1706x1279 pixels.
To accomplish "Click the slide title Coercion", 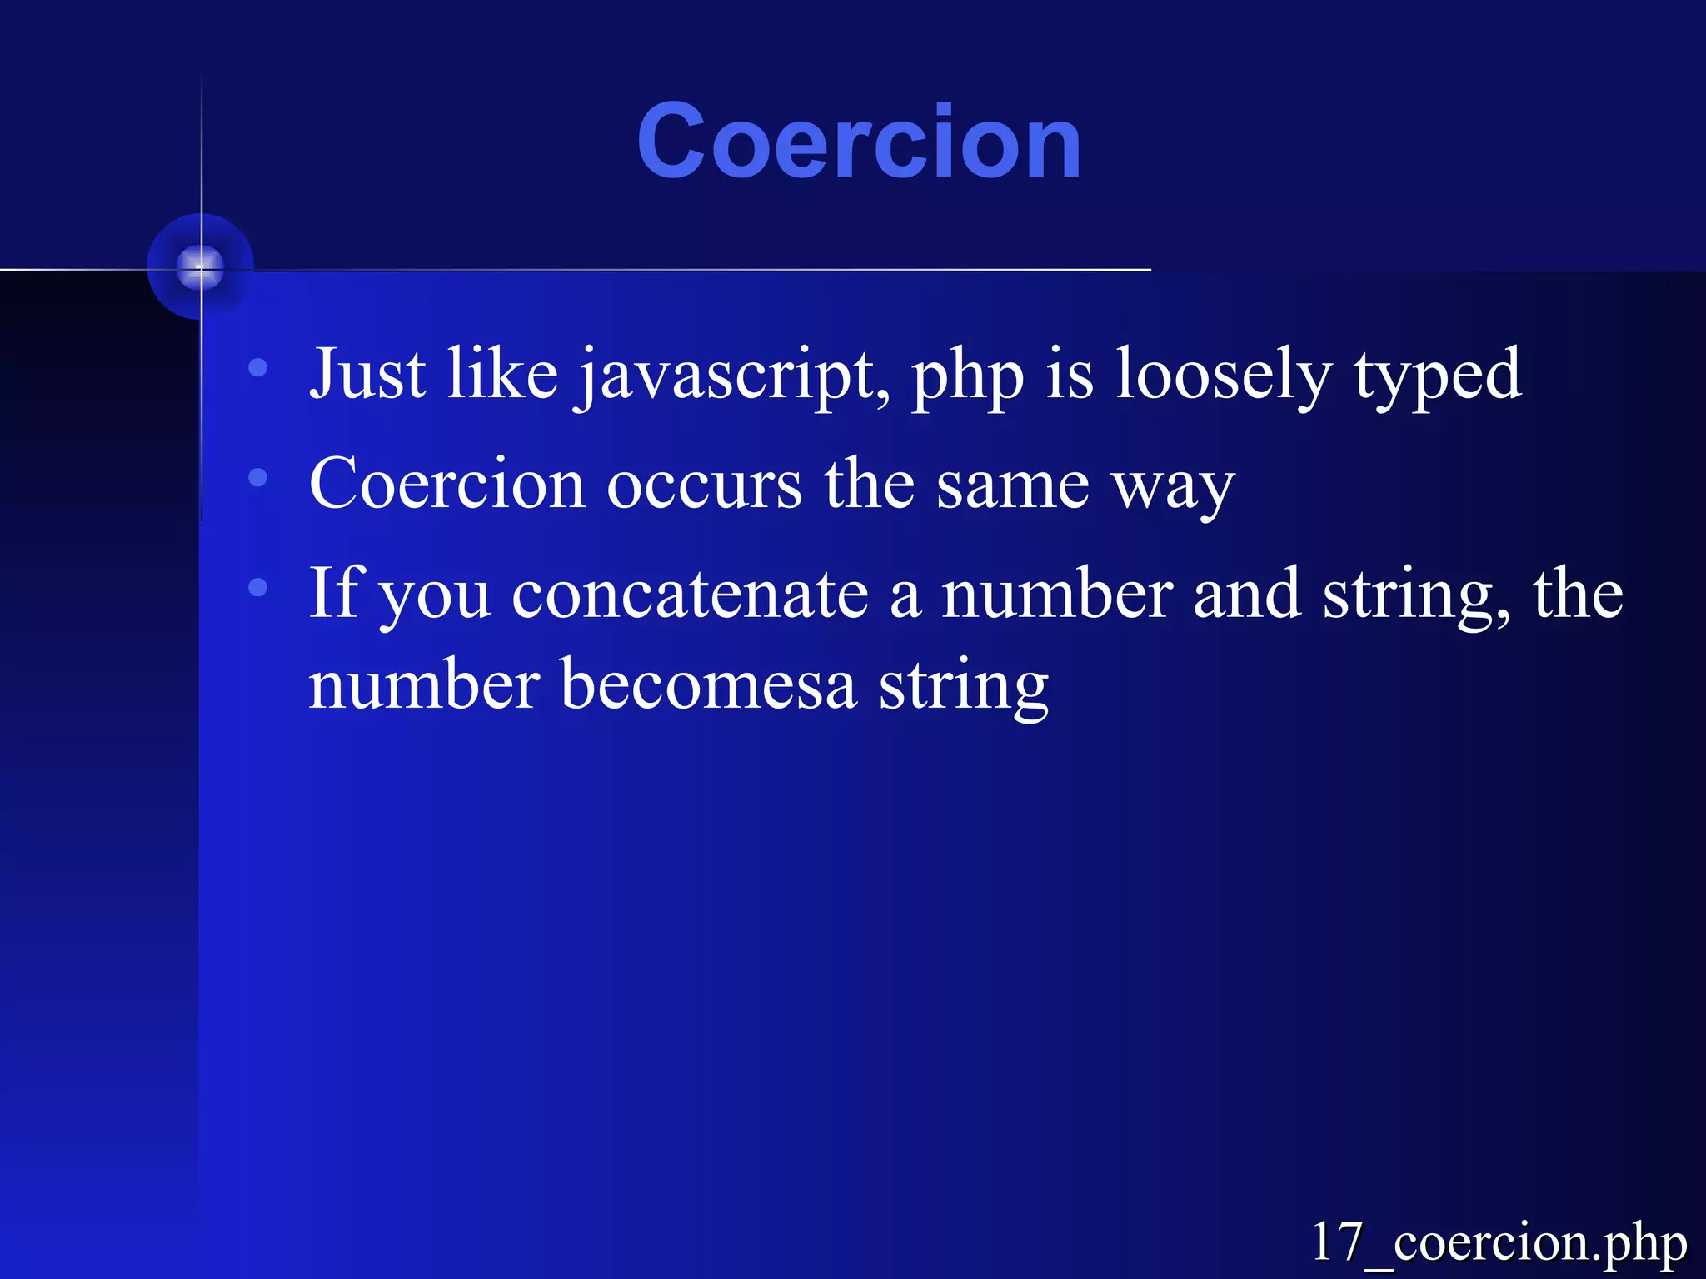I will coord(859,142).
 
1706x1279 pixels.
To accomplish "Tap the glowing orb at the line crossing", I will coord(201,267).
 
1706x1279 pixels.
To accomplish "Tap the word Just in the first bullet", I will coord(367,375).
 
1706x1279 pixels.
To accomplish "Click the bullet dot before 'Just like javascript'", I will coord(258,367).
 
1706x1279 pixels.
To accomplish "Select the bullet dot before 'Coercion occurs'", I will coord(258,478).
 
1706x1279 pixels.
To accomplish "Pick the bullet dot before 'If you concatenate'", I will coord(258,587).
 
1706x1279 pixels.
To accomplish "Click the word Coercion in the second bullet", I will coord(446,485).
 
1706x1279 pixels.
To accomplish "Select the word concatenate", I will coord(691,595).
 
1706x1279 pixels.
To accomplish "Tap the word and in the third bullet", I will coord(1247,595).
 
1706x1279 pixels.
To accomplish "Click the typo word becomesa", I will coord(708,686).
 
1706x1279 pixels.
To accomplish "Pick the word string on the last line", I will coord(964,688).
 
